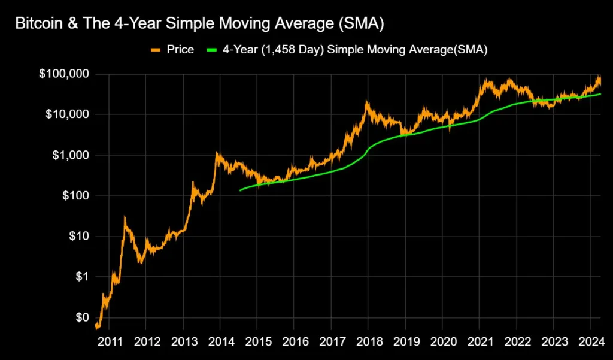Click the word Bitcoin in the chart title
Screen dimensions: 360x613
(x=37, y=23)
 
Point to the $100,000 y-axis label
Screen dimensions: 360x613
(x=65, y=74)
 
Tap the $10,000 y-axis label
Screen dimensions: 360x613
(x=68, y=114)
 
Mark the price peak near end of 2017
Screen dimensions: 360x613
(x=366, y=103)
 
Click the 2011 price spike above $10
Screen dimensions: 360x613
(x=125, y=217)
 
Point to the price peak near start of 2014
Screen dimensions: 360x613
(x=217, y=153)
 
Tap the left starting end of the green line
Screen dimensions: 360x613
(x=240, y=190)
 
